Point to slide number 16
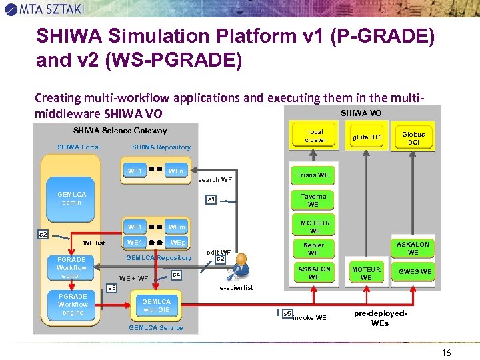pos(446,352)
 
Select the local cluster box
pos(315,136)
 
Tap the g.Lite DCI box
pos(367,137)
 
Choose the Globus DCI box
pos(413,138)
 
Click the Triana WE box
pos(313,175)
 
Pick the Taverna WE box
pos(313,200)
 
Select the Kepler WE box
pos(313,249)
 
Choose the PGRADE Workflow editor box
pos(71,267)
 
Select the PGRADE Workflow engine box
pos(72,304)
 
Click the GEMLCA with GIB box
pos(157,306)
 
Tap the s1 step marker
pos(211,199)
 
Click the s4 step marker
pos(176,274)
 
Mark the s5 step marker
pos(287,313)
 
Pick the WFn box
pos(176,171)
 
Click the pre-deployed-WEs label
pos(381,317)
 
